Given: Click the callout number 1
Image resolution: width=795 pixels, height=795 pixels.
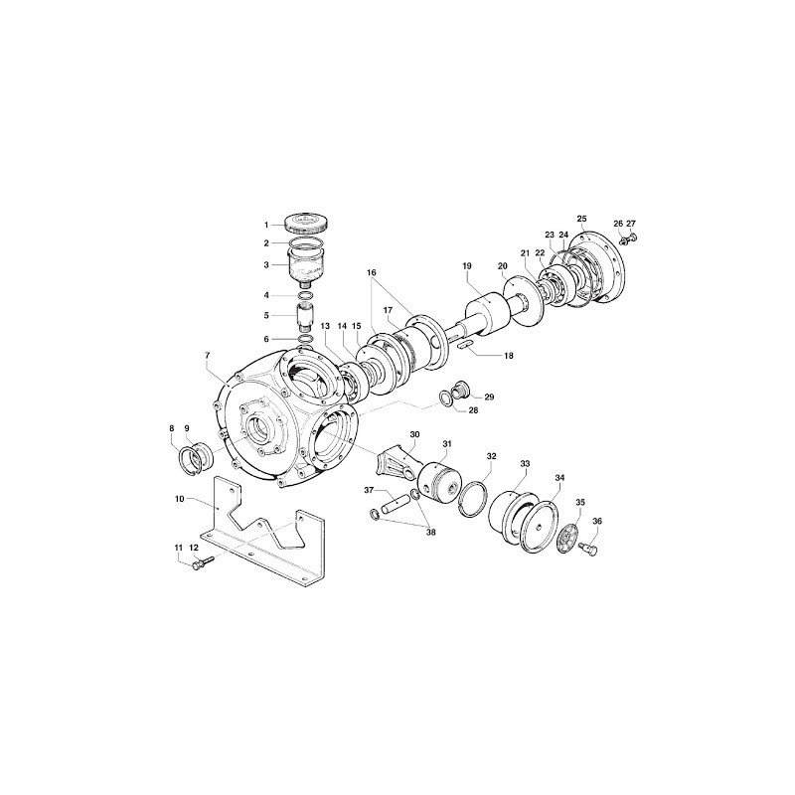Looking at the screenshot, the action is click(x=266, y=225).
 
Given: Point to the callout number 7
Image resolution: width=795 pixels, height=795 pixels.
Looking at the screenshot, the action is click(x=207, y=356).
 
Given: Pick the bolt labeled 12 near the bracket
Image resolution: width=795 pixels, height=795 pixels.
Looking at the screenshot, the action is click(x=202, y=563).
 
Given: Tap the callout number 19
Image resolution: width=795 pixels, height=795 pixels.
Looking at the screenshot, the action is click(x=467, y=265).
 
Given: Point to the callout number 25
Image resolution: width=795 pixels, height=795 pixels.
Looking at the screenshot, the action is click(x=581, y=219).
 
